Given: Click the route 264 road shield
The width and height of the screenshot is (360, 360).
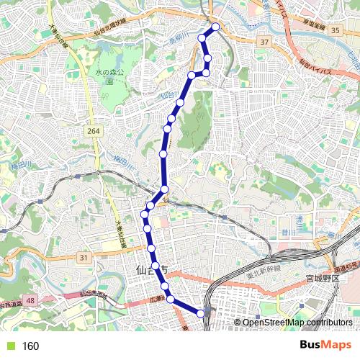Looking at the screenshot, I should coord(92,130).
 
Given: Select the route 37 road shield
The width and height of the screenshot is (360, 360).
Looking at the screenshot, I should coord(265,43).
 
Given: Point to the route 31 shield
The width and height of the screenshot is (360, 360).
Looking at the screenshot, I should coord(84,257).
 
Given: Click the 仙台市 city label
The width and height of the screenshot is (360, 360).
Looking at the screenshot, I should coord(151,270).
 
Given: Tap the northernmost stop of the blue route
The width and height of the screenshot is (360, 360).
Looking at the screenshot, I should coord(215,27).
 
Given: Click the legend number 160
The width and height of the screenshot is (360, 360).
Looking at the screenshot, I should coord(30,346).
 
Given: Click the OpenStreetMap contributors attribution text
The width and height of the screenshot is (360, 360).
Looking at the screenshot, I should coord(297,322).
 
